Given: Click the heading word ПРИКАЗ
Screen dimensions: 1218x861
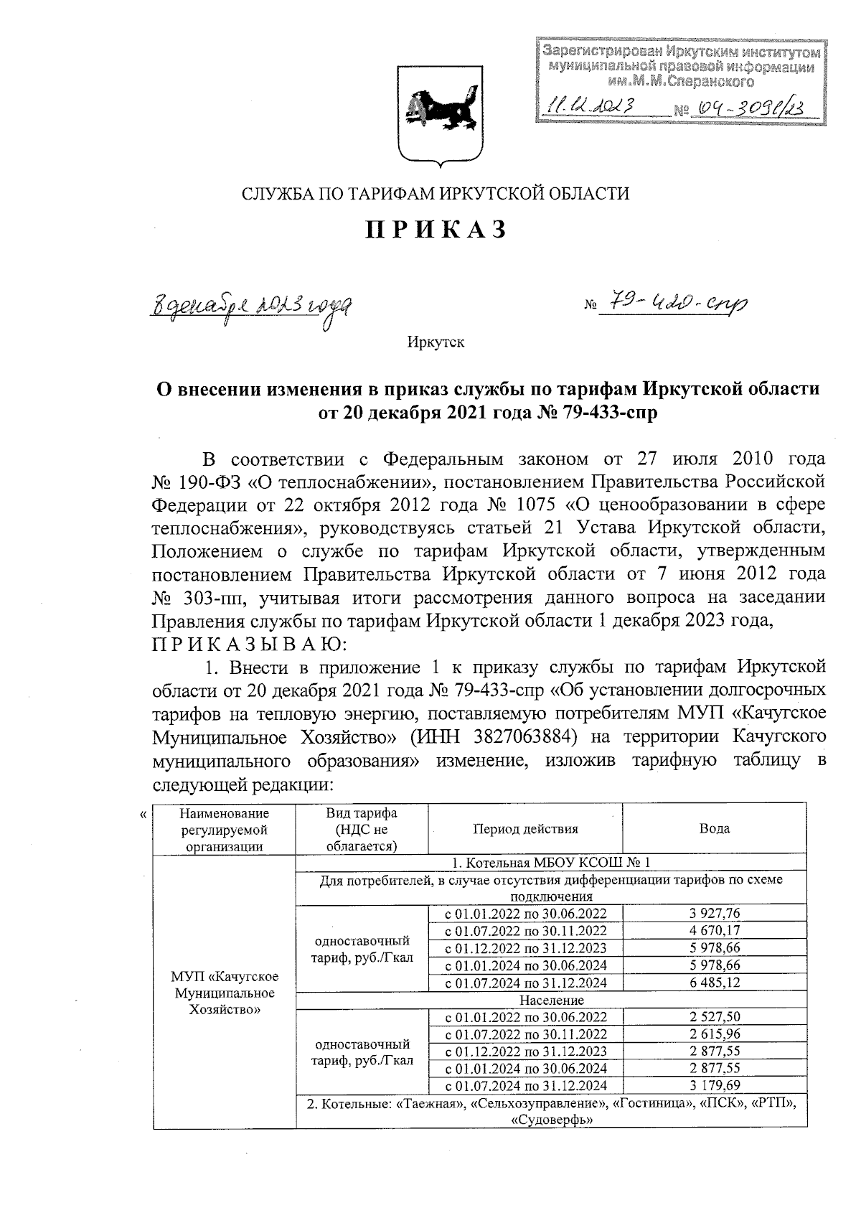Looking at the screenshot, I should click(x=436, y=230).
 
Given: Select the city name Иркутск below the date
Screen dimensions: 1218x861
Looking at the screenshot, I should click(x=436, y=342).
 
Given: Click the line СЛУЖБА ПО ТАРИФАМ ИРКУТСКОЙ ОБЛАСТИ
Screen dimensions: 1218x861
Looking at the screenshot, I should click(x=435, y=193).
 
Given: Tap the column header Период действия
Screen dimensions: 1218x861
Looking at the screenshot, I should click(x=525, y=828).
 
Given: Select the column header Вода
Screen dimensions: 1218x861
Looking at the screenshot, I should click(x=715, y=828).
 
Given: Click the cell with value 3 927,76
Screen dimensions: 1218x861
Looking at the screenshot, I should click(x=715, y=913).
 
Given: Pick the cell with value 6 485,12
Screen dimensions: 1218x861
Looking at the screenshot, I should click(x=715, y=983).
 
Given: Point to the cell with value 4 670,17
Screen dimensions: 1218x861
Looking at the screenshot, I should click(x=715, y=930).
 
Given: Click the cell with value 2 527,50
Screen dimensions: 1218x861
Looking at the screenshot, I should click(x=715, y=1017).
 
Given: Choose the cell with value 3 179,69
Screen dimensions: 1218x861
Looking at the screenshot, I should click(x=715, y=1086).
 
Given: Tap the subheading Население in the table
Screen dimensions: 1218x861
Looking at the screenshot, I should click(x=552, y=1000).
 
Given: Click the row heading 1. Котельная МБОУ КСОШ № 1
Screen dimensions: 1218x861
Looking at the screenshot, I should click(x=552, y=863).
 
